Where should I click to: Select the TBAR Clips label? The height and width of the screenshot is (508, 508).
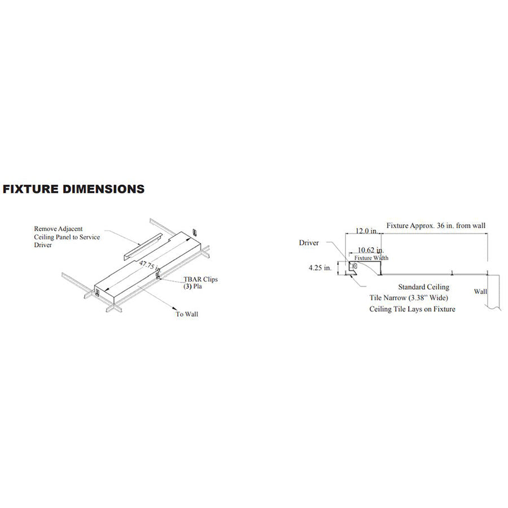[x=200, y=279]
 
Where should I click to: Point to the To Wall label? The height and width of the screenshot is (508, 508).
[x=187, y=314]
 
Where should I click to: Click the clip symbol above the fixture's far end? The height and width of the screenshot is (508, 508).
[x=195, y=233]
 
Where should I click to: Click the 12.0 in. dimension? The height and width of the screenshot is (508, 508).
[x=366, y=231]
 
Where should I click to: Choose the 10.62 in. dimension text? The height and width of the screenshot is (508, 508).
[x=371, y=250]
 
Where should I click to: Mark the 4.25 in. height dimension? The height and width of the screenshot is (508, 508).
[x=320, y=269]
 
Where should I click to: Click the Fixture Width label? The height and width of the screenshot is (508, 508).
[x=371, y=257]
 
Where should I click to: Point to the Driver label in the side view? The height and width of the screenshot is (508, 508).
[x=309, y=243]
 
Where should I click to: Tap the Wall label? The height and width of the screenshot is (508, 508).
[x=480, y=292]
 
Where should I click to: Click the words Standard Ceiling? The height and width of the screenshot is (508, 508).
[x=423, y=287]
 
